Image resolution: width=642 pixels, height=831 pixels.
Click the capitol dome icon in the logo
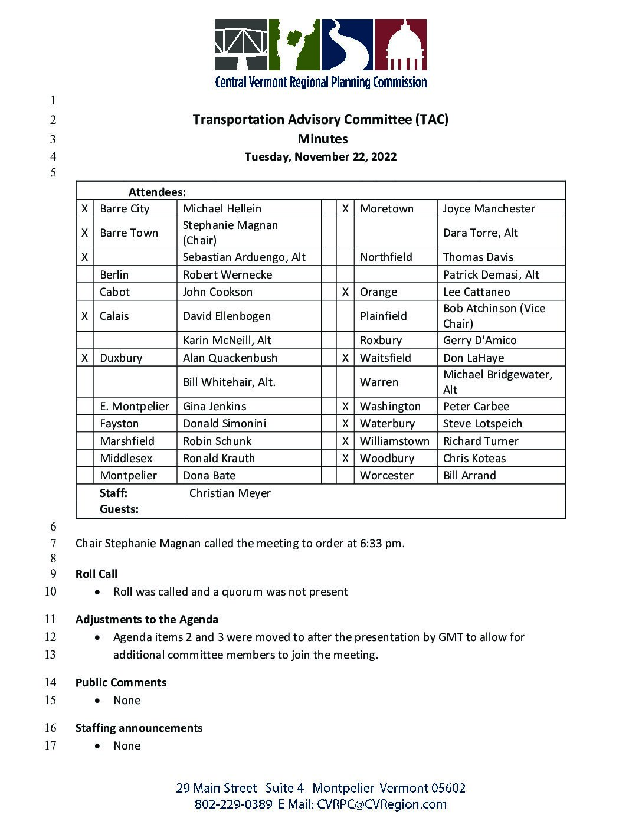pyautogui.click(x=404, y=46)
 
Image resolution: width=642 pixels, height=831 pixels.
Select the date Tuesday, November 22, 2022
pyautogui.click(x=320, y=157)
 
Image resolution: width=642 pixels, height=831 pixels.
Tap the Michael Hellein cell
pyautogui.click(x=222, y=209)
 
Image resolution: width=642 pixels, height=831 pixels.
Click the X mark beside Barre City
pyautogui.click(x=85, y=209)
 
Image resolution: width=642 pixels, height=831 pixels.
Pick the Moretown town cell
pyautogui.click(x=386, y=209)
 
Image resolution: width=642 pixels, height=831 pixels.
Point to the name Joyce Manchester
pyautogui.click(x=489, y=209)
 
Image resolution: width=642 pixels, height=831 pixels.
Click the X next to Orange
pyautogui.click(x=345, y=292)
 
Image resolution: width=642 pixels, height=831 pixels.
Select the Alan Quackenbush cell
pyautogui.click(x=230, y=358)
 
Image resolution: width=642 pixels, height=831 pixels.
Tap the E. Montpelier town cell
pyautogui.click(x=135, y=407)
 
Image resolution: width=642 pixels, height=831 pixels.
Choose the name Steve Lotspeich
pyautogui.click(x=482, y=424)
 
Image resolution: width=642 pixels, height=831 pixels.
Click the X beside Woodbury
pyautogui.click(x=345, y=459)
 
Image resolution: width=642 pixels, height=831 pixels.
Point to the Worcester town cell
pyautogui.click(x=386, y=476)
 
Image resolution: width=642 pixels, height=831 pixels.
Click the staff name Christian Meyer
pyautogui.click(x=230, y=493)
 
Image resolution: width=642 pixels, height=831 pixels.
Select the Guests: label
pyautogui.click(x=119, y=509)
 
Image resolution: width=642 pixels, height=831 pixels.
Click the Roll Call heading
pyautogui.click(x=96, y=574)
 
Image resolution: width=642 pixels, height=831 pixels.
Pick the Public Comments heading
pyautogui.click(x=121, y=683)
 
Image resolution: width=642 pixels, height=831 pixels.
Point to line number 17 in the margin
pyautogui.click(x=50, y=746)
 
